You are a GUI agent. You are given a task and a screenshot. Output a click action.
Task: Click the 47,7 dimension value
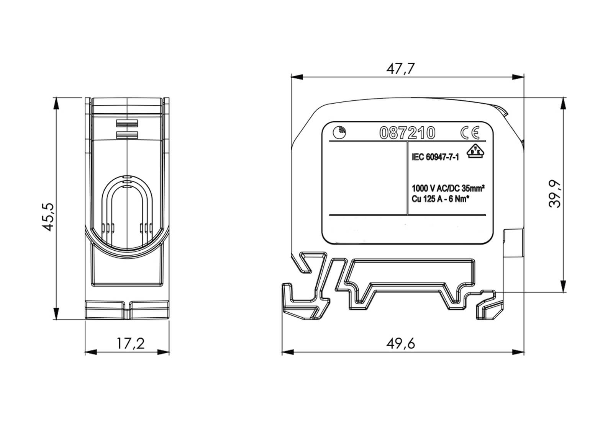[x=400, y=69]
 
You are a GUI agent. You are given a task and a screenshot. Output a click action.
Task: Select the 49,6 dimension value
[x=400, y=344]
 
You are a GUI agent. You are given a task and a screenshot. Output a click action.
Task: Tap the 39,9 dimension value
[x=555, y=194]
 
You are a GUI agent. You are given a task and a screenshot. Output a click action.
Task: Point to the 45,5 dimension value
[x=48, y=217]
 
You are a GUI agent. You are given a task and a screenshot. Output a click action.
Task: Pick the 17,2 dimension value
[x=131, y=344]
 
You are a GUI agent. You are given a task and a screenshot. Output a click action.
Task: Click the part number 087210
[x=407, y=133]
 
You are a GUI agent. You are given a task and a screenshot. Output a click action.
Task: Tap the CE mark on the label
[x=470, y=132]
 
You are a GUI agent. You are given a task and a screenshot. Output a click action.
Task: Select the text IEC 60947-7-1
[x=435, y=157]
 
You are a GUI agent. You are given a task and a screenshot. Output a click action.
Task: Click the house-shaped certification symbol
[x=475, y=151]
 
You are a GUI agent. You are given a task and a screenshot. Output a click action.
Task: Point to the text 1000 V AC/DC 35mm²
[x=448, y=188]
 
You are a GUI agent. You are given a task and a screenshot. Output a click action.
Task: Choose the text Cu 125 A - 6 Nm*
[x=440, y=199]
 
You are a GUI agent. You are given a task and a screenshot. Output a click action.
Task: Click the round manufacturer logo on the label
[x=339, y=132]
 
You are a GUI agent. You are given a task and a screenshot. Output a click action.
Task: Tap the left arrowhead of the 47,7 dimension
[x=297, y=77]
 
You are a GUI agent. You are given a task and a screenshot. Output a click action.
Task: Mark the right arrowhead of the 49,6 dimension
[x=518, y=352]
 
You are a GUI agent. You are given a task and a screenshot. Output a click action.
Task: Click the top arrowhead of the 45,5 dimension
[x=56, y=103]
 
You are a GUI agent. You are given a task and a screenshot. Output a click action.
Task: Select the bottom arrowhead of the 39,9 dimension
[x=563, y=286]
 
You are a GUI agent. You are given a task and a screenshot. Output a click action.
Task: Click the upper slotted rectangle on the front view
[x=127, y=124]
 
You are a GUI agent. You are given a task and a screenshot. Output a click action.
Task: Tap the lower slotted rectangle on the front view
[x=127, y=135]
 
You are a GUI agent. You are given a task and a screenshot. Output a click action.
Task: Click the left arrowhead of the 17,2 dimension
[x=91, y=352]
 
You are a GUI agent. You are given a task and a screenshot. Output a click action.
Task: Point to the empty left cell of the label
[x=368, y=178]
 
